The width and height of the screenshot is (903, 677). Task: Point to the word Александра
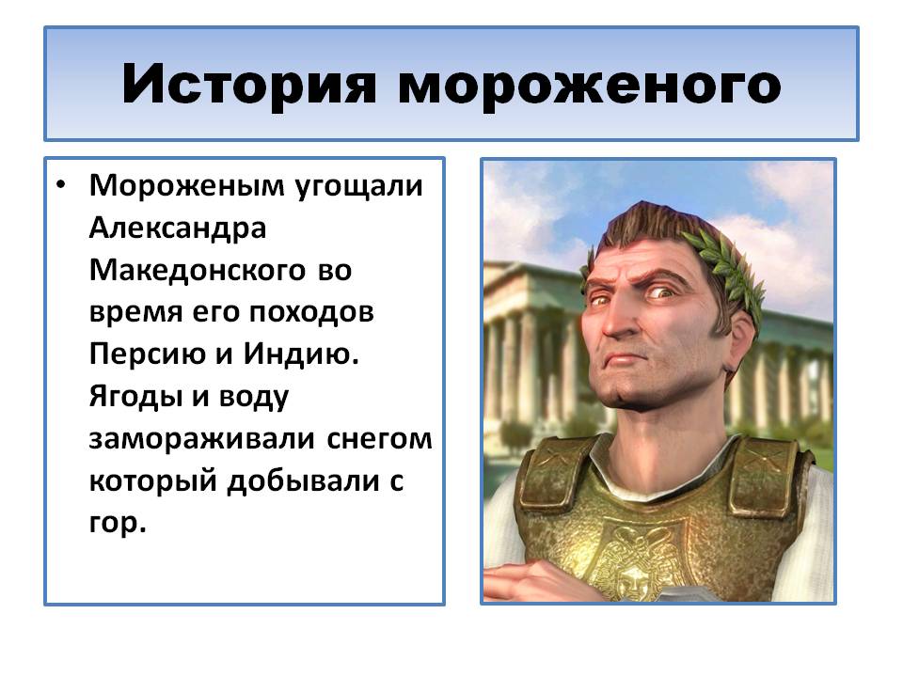point(179,228)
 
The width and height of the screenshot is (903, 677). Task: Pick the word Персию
point(145,355)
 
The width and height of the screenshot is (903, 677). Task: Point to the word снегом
point(380,439)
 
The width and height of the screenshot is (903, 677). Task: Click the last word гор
point(118,524)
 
